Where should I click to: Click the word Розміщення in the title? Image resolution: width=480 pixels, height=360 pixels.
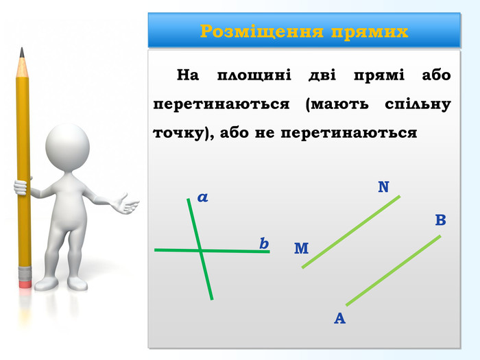[262, 32]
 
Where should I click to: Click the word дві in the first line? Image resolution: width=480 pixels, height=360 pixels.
[322, 75]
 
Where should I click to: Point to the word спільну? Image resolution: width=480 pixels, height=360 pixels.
[418, 105]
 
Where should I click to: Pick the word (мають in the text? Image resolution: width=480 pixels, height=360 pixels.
[337, 104]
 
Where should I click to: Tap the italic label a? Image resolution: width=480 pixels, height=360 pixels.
[203, 197]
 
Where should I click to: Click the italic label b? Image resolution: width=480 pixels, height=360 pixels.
[264, 243]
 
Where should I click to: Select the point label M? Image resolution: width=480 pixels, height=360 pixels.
[301, 248]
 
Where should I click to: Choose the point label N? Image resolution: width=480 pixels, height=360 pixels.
[383, 187]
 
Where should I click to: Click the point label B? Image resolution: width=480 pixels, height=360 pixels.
[440, 220]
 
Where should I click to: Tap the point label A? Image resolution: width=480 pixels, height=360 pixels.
[340, 318]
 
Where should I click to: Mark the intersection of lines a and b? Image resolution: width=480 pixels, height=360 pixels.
[200, 251]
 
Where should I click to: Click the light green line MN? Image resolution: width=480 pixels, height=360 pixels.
[351, 232]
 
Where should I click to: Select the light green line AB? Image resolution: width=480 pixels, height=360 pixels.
[394, 270]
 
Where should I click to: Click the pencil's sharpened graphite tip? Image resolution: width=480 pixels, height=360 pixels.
[22, 52]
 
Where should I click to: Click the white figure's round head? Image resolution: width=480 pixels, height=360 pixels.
[67, 147]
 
